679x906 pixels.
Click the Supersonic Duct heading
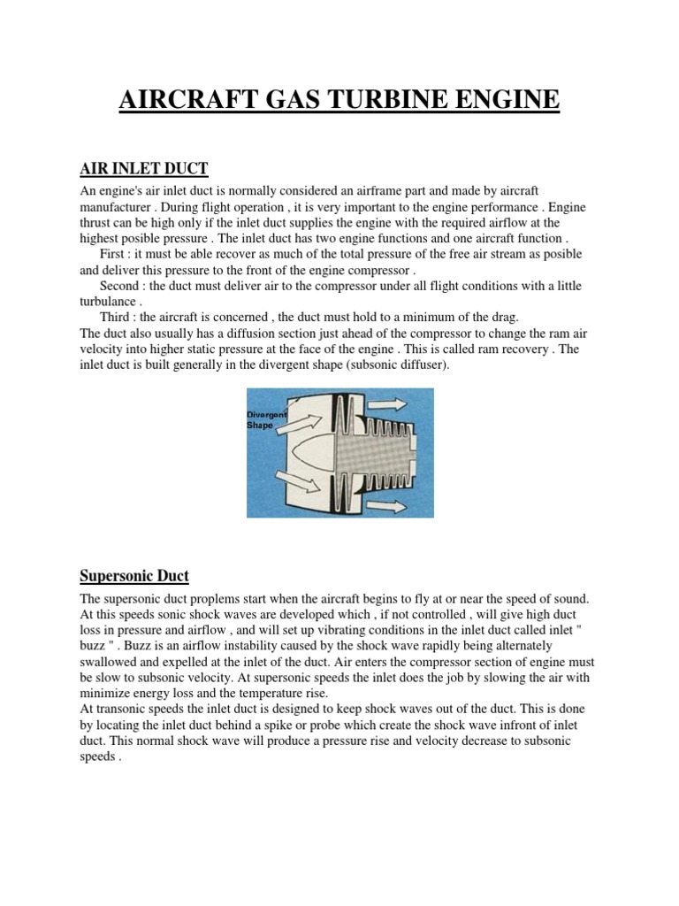tap(134, 576)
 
